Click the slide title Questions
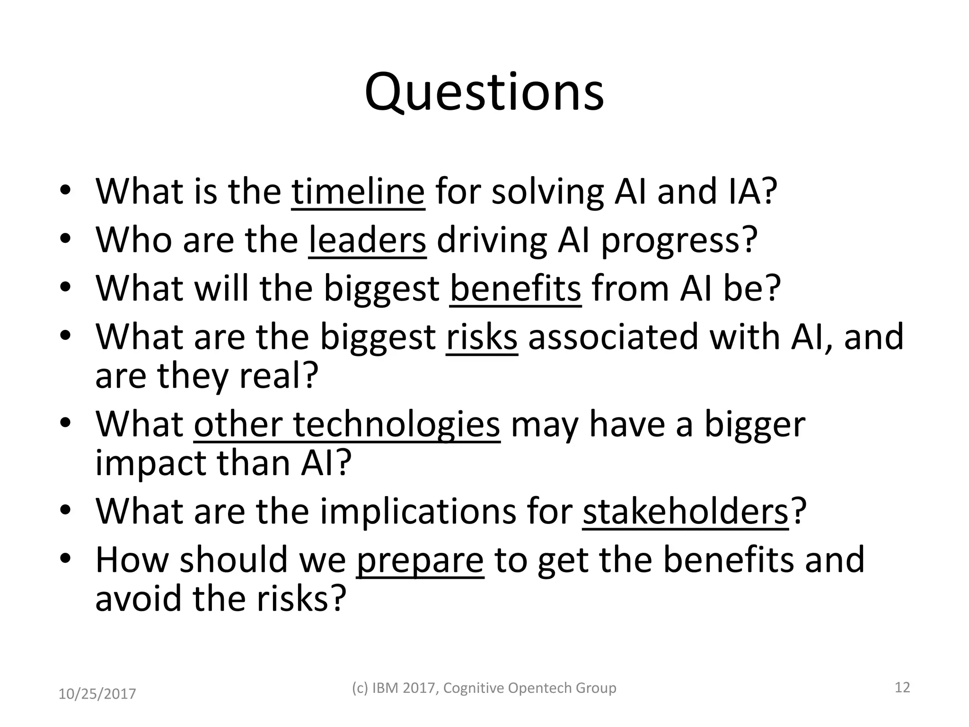(x=484, y=92)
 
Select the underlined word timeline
(x=358, y=192)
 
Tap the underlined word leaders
(x=367, y=240)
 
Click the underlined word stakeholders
(x=686, y=512)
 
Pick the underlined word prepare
(x=420, y=560)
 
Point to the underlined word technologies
(x=396, y=424)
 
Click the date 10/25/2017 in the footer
(x=97, y=694)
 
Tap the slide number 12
(x=902, y=687)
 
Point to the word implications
(x=446, y=512)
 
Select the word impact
(x=150, y=463)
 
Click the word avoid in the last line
(x=138, y=599)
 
